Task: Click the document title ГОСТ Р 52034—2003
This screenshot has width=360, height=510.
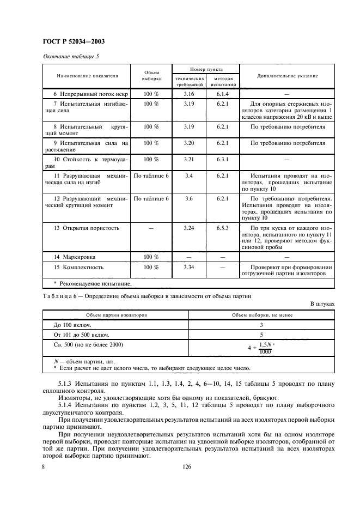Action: [74, 41]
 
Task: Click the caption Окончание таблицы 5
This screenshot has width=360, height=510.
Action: [70, 56]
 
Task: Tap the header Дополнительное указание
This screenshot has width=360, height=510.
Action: [288, 76]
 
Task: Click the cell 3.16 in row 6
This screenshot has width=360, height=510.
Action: [189, 94]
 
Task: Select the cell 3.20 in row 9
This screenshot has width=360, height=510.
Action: [189, 143]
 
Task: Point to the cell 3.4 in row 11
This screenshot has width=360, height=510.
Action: [189, 175]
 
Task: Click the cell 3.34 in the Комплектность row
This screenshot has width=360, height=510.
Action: [189, 268]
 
